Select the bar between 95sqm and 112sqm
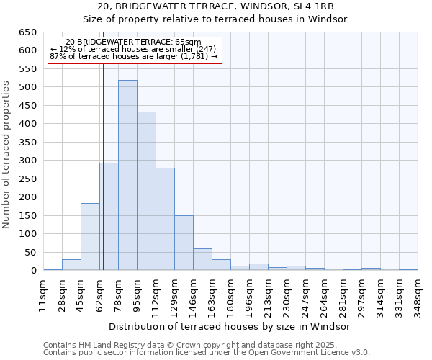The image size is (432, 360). coord(146,191)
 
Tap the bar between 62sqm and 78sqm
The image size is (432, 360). coord(109,216)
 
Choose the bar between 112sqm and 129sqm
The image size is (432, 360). coord(165,219)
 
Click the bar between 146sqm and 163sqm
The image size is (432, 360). coord(202,259)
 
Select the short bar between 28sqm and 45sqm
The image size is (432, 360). coord(71,265)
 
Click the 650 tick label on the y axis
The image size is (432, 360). coord(27,32)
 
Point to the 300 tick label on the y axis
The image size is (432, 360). coord(27,161)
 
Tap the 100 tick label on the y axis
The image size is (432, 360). coord(27,234)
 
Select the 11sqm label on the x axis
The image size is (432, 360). coord(43,294)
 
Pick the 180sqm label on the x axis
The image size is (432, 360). coord(230,294)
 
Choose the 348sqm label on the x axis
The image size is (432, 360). coord(418,294)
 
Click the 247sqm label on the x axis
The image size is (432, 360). coord(305,294)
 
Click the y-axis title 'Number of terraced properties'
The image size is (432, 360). coord(7,154)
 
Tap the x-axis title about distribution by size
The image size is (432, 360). coord(230,326)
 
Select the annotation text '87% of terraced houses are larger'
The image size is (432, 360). coord(133,56)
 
